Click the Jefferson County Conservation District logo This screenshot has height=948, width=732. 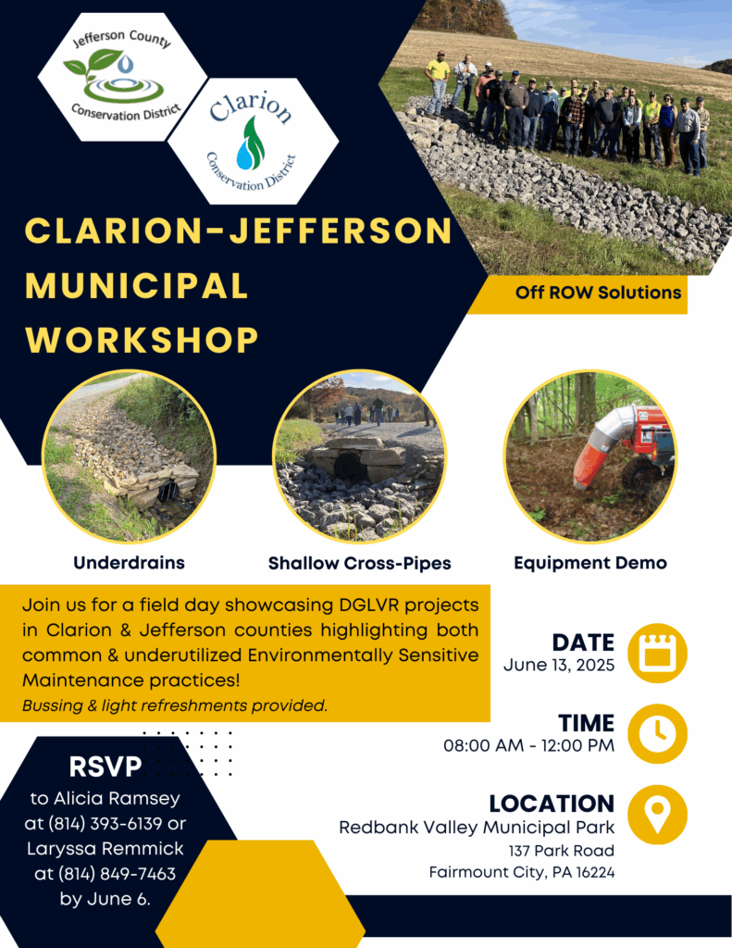[123, 77]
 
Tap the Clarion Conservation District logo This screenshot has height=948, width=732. [252, 141]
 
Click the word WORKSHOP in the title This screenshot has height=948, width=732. [143, 340]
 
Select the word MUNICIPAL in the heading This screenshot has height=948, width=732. [137, 285]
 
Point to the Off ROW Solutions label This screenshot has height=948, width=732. [598, 293]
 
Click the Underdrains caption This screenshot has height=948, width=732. [129, 563]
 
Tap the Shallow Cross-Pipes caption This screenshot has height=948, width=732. [360, 564]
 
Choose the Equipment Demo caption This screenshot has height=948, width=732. [590, 563]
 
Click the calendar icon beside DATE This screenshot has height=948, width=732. [657, 653]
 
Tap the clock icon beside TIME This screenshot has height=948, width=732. [657, 733]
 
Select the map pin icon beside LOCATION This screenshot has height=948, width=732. [657, 815]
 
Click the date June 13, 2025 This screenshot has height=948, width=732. [559, 665]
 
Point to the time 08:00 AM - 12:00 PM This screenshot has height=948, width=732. [529, 745]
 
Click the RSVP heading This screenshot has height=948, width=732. [105, 767]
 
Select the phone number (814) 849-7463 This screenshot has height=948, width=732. [117, 874]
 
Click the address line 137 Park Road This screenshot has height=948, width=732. [561, 851]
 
